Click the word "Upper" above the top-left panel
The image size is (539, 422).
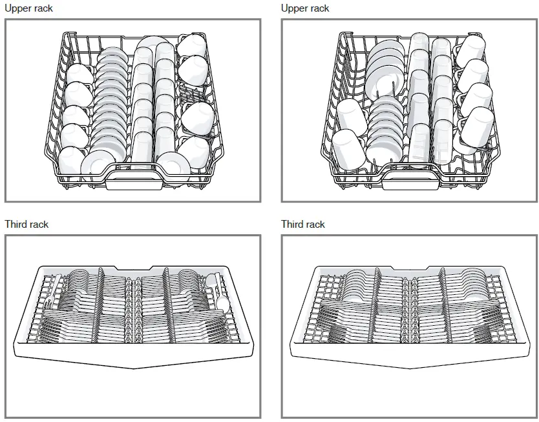pyautogui.click(x=19, y=8)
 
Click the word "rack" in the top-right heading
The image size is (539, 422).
pyautogui.click(x=317, y=8)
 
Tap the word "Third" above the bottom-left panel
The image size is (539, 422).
pyautogui.click(x=17, y=225)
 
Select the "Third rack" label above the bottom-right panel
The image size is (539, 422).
pyautogui.click(x=302, y=225)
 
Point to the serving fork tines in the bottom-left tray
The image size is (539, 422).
pyautogui.click(x=57, y=281)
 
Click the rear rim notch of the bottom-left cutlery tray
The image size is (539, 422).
pyautogui.click(x=132, y=268)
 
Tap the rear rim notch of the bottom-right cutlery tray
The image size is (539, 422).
pyautogui.click(x=408, y=268)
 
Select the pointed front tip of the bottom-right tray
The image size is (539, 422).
pyautogui.click(x=408, y=368)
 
